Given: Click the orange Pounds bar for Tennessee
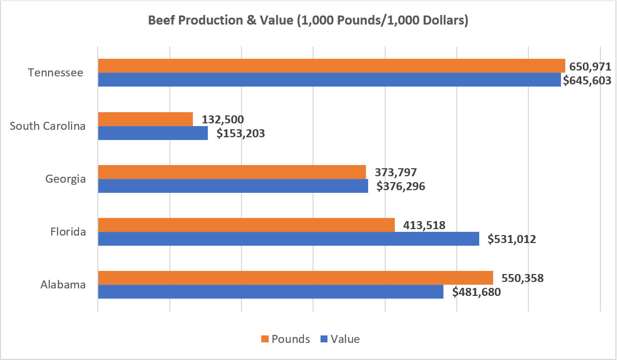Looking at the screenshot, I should [x=331, y=66].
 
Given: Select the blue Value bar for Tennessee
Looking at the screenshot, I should [x=329, y=80].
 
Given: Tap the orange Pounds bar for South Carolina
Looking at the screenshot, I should [x=145, y=119].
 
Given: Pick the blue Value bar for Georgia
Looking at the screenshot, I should [x=233, y=186].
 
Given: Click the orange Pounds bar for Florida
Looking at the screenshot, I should [x=246, y=225].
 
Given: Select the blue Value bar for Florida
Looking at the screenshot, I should [x=288, y=239].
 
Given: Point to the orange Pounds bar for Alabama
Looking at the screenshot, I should [x=295, y=278].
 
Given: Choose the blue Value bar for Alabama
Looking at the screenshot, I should [x=270, y=292].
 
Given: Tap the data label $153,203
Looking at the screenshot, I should [x=240, y=134].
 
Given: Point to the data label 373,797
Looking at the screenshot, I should [x=396, y=172].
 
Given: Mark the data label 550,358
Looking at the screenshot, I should [x=522, y=278].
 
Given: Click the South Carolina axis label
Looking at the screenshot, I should [x=48, y=126].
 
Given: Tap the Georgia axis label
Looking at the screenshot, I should [x=66, y=179].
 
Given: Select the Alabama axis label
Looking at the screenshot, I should [x=63, y=285].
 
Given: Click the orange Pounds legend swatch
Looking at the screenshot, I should [x=265, y=339].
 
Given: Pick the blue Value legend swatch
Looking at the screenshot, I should [x=324, y=339].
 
